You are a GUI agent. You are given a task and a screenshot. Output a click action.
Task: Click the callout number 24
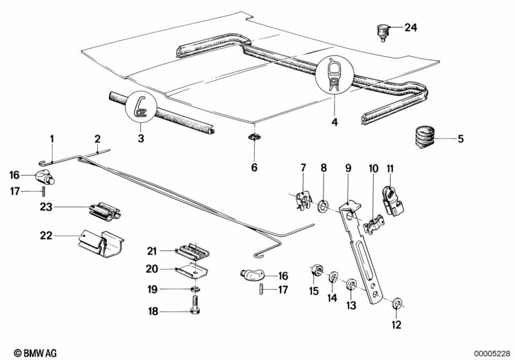pos(411,27)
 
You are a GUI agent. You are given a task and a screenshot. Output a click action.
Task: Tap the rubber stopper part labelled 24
pos(382,32)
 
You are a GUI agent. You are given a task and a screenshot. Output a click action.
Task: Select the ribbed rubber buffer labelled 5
pos(423,137)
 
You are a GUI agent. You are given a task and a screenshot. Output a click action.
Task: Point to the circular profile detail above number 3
pos(141,108)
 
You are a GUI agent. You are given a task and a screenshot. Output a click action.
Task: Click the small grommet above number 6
pos(254,137)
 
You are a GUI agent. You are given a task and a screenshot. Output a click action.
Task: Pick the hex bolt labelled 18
pos(195,306)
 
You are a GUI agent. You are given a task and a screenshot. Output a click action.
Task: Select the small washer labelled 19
pos(196,289)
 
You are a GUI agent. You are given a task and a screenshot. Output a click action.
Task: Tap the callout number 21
pos(151,251)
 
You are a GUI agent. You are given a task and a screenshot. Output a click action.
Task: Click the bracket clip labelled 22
pos(101,243)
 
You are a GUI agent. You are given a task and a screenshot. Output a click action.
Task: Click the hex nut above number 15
pos(316,270)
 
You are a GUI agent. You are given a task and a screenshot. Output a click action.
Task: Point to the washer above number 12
pos(397,303)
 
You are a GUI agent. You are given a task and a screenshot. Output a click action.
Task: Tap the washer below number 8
pos(324,205)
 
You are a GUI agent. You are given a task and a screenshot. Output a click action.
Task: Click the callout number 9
pos(348,168)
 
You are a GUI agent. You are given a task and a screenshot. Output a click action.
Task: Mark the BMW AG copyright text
pos(35,353)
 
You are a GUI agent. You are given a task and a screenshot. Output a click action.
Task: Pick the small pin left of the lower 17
pos(261,289)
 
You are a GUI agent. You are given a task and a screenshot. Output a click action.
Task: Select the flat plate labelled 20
pos(191,270)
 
